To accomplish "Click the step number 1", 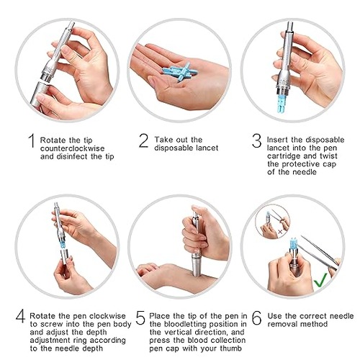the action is pos(32,140).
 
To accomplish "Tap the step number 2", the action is pos(143,140).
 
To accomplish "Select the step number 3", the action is pos(256,140).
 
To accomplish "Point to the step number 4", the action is pos(20,316).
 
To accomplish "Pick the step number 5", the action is pos(140,318).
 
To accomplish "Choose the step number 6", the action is pos(257,318).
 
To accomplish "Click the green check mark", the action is pos(320,280).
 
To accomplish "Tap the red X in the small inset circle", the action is pos(279,232).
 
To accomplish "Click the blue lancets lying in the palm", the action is pos(179,71).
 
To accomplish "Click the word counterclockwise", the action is pos(73,148).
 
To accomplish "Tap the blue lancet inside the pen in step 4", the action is pos(63,245).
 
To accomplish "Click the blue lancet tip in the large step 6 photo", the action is pos(293,243).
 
